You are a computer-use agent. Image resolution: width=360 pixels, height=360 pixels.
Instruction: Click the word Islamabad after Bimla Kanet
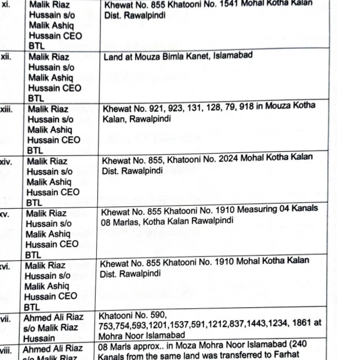click(233, 56)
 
